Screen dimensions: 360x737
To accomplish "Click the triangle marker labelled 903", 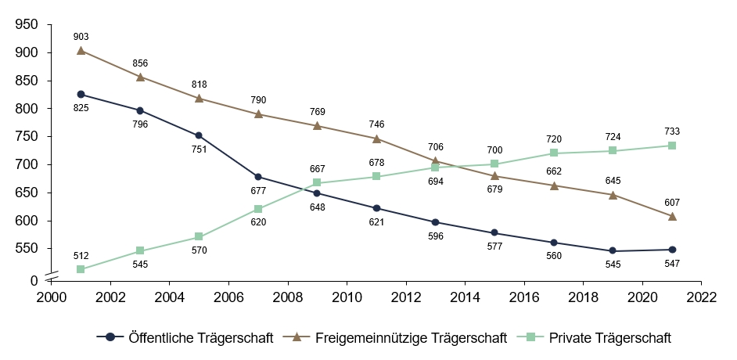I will tap(81, 51).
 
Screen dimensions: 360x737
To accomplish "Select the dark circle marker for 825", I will tap(81, 94).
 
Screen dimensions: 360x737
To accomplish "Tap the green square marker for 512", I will tap(81, 269).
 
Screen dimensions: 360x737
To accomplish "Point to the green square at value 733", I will tap(672, 146).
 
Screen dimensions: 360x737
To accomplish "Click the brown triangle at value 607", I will tap(672, 216).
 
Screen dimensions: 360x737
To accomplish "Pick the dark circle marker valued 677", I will tap(258, 177).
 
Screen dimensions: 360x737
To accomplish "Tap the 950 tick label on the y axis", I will tap(27, 25).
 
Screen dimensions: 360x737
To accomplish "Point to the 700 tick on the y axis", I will tap(27, 164).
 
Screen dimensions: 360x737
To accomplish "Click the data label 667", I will tap(318, 168).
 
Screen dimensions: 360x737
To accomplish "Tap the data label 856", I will tap(140, 63).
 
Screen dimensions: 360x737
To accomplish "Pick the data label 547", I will tap(672, 263).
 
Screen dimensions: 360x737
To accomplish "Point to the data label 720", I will tap(554, 139).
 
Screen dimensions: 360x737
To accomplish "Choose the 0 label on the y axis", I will tap(34, 280).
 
